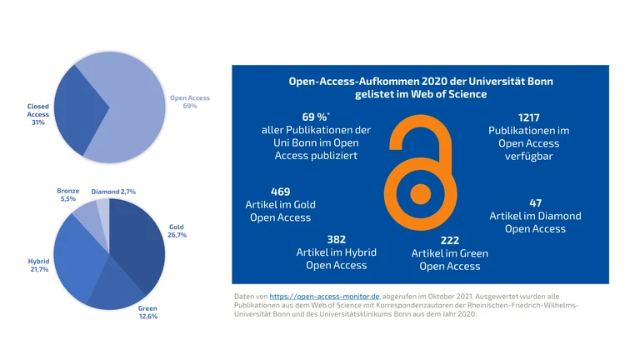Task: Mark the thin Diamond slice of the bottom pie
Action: click(102, 208)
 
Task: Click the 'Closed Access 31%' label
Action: click(38, 115)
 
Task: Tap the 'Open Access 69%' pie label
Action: click(190, 102)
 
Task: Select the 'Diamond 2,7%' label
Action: click(113, 192)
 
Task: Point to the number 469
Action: click(281, 192)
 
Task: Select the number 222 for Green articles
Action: click(450, 241)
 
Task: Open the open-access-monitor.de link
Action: click(325, 296)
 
